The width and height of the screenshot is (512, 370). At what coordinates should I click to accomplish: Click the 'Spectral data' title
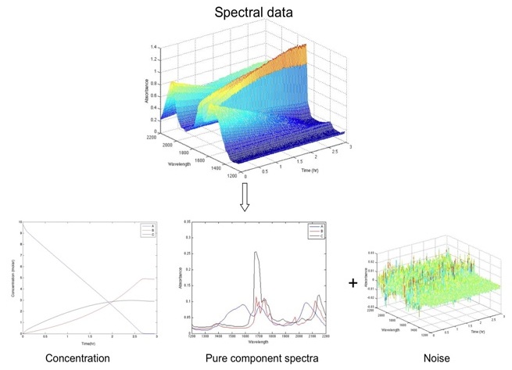[256, 13]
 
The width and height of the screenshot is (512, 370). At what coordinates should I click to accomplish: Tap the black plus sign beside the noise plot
[354, 282]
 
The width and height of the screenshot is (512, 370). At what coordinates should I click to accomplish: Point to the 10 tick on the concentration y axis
[20, 223]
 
